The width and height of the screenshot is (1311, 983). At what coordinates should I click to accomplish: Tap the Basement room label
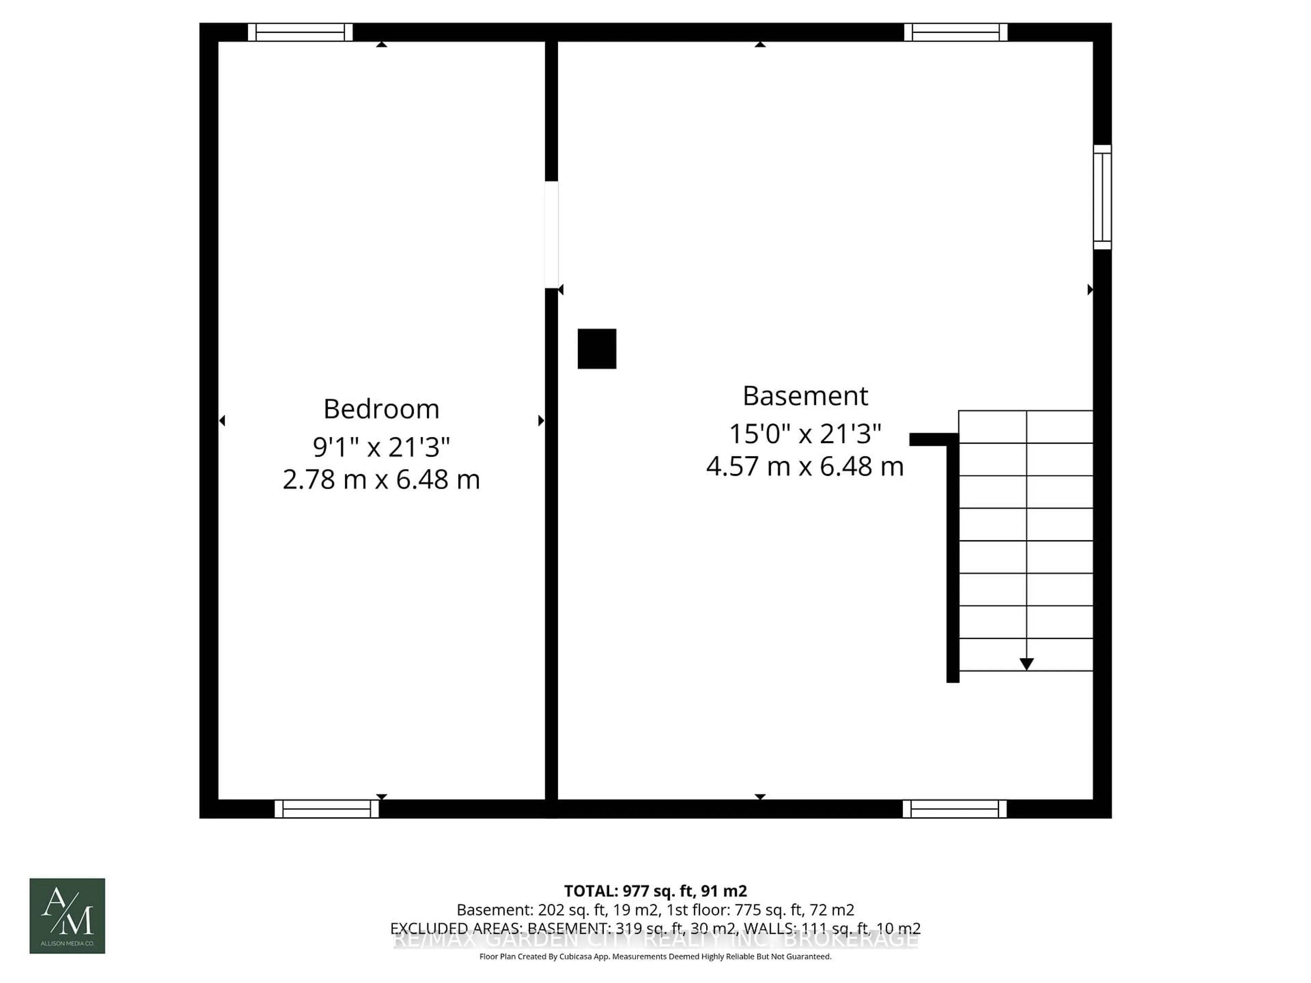805,396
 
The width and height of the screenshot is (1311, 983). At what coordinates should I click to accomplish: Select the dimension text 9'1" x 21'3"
381,447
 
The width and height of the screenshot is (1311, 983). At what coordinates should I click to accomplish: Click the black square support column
597,349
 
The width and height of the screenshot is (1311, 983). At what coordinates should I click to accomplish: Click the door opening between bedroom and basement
551,234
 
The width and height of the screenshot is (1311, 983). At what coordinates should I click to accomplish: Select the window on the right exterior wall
1102,197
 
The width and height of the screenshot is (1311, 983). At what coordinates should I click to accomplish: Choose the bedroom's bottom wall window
327,809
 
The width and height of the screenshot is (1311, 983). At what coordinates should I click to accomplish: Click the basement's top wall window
955,32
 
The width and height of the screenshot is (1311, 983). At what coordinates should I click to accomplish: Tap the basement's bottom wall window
954,809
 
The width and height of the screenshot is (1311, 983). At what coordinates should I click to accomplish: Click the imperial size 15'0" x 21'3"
804,434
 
